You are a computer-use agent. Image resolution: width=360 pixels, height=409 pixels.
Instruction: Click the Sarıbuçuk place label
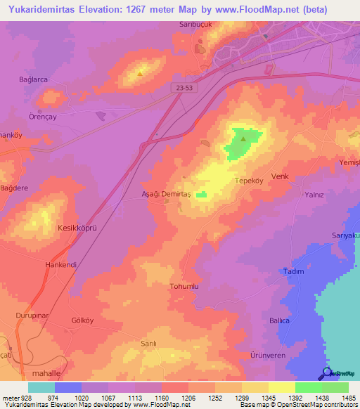[x=191, y=24]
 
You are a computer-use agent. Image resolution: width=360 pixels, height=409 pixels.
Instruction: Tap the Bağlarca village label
[x=34, y=80]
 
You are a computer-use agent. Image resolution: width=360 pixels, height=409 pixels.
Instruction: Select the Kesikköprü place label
[x=76, y=228]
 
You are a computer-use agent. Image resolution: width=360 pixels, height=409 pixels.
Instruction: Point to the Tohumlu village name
[x=186, y=287]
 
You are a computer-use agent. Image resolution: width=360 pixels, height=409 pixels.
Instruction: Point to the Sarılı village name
[x=148, y=344]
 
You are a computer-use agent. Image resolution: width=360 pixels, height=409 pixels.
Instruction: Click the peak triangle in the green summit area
[x=243, y=138]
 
